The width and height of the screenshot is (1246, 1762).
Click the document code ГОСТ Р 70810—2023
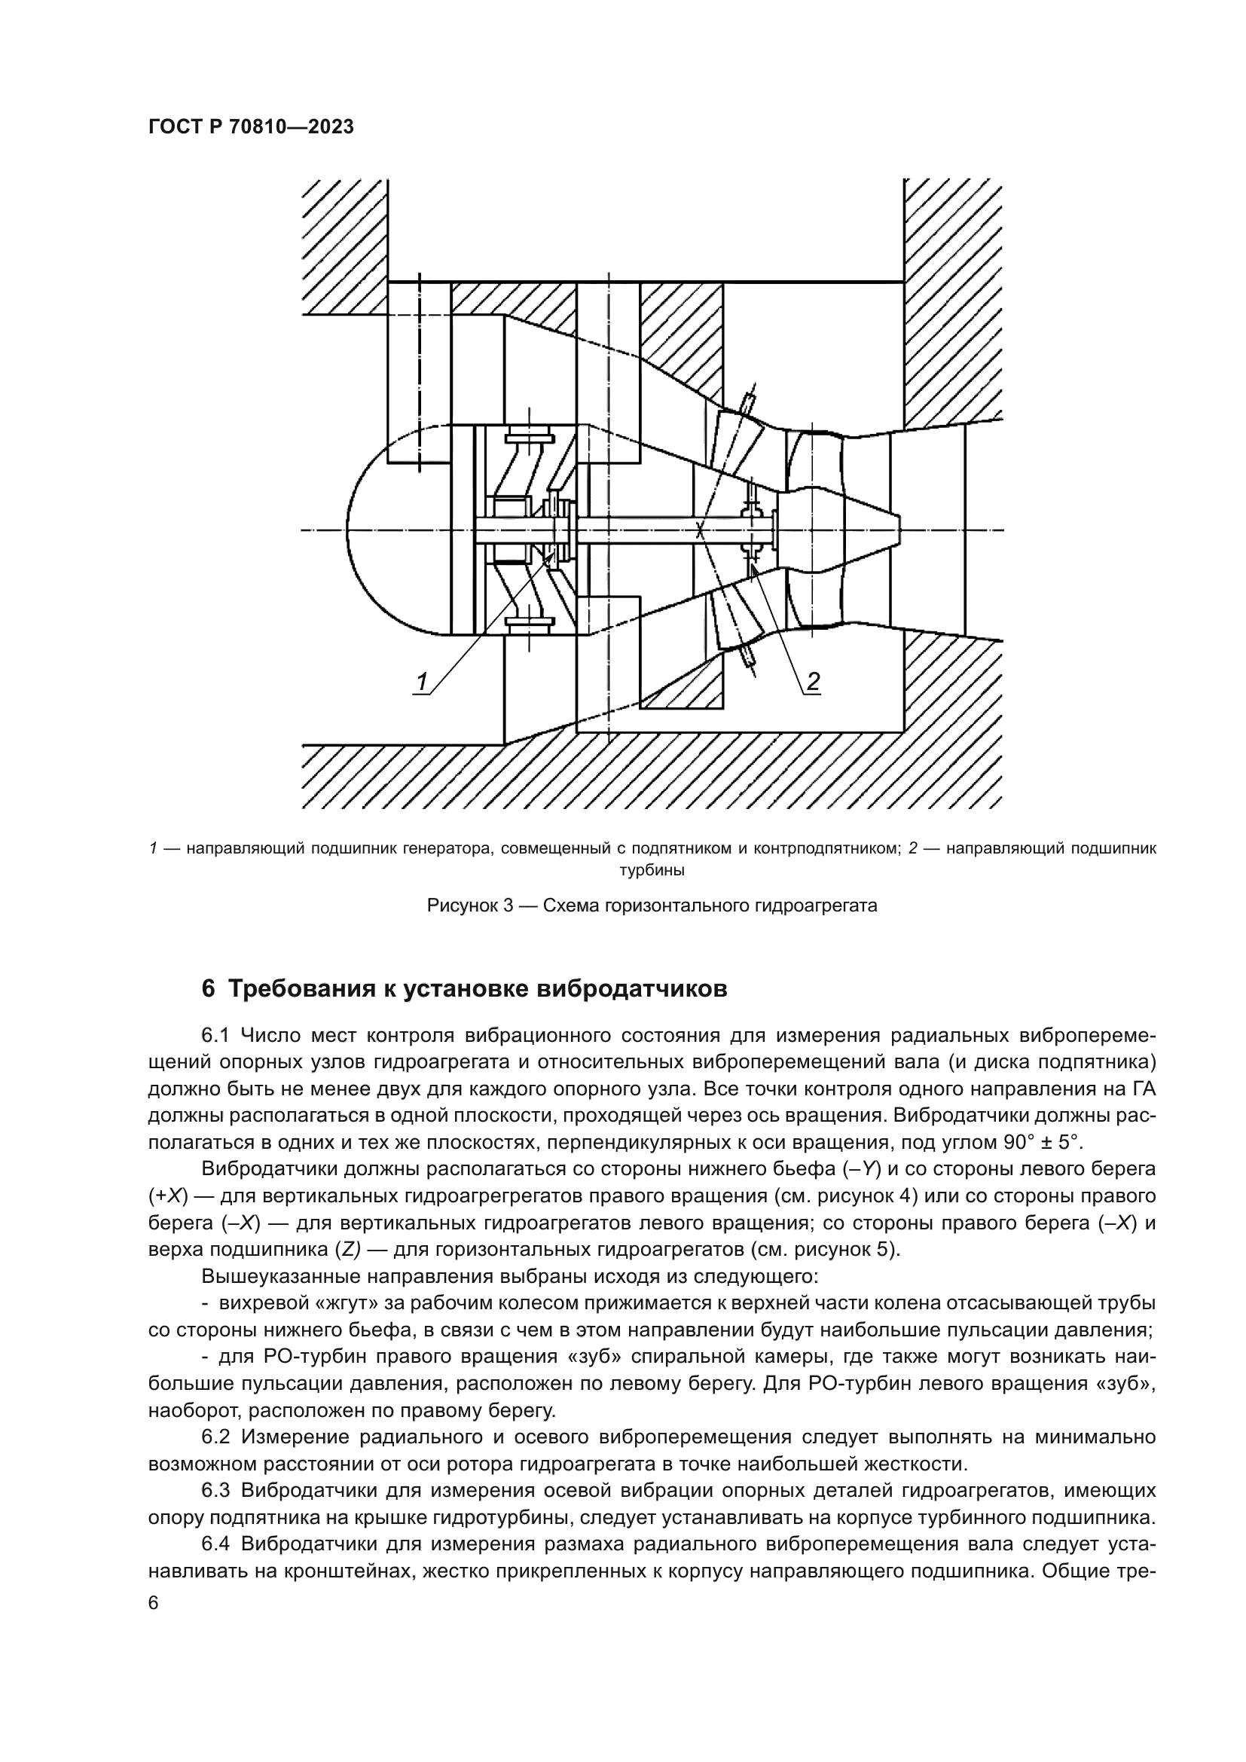coord(251,127)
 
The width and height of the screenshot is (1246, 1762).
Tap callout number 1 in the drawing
coord(422,681)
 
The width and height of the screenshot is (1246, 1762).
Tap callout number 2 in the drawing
coord(813,681)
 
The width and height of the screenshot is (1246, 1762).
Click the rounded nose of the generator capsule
coord(361,530)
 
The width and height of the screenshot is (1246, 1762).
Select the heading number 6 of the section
coord(207,989)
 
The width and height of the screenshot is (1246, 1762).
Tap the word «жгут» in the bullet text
coord(325,1302)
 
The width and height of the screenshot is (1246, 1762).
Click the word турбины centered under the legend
coord(652,870)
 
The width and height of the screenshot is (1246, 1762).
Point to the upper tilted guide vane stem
coord(748,401)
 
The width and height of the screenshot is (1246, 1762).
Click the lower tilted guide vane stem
coord(748,657)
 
